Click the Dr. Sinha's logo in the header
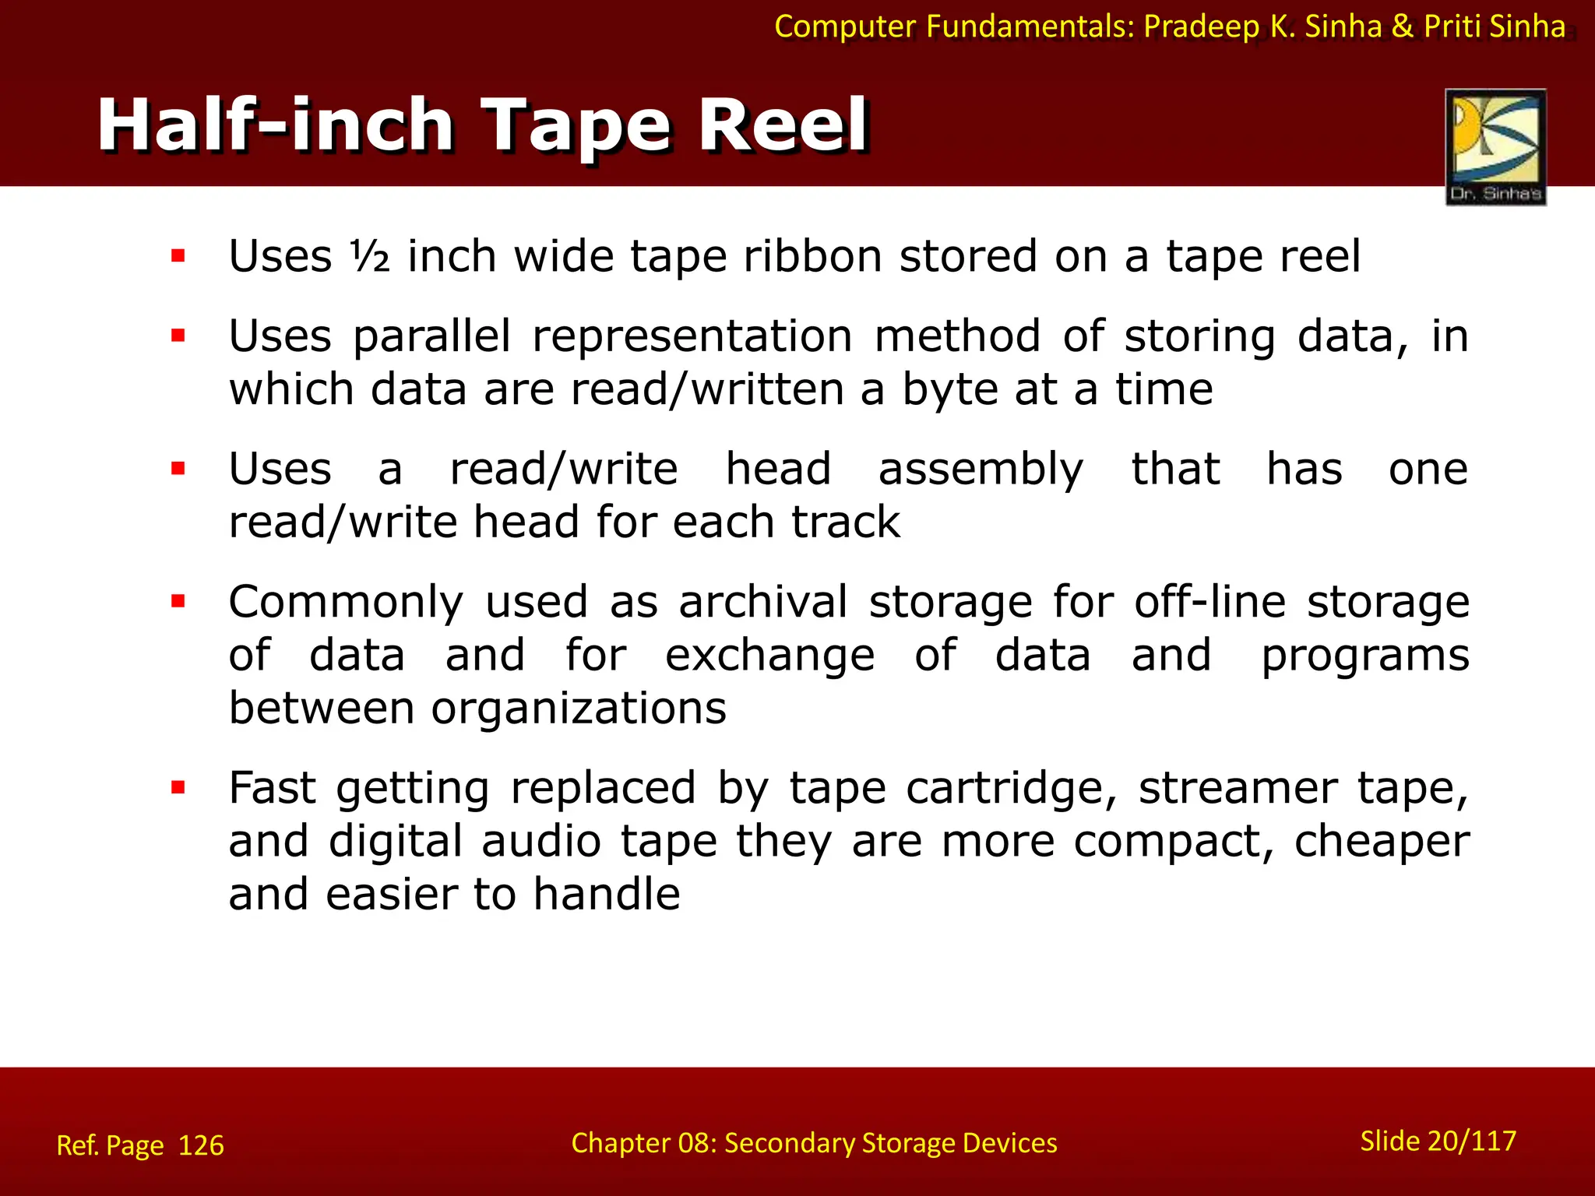1495,147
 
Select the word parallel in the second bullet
432,336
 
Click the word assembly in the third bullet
981,470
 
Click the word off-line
1209,602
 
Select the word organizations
579,709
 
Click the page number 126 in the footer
201,1145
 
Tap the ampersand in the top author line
1402,26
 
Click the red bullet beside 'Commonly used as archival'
178,601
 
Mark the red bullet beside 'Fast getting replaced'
178,787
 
